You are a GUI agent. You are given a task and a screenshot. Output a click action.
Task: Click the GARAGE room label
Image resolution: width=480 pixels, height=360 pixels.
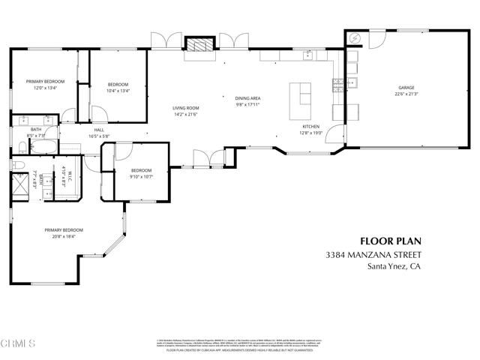406,88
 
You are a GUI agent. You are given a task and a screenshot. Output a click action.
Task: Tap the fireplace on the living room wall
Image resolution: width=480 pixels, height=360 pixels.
199,45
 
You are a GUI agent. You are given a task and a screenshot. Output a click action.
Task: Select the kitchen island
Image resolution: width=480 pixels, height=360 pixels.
304,94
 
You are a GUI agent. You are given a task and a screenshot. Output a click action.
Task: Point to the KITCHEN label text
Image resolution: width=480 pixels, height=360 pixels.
311,127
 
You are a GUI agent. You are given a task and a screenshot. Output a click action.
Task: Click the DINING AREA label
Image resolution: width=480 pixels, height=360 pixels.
247,97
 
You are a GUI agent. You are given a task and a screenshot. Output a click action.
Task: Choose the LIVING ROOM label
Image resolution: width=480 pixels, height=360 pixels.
185,108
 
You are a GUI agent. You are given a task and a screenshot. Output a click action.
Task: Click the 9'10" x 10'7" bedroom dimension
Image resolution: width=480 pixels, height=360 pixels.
141,176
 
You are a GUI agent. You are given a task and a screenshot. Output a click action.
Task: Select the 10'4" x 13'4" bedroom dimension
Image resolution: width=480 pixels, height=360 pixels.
118,91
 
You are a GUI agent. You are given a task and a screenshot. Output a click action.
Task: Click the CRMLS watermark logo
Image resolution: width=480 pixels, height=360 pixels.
18,344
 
